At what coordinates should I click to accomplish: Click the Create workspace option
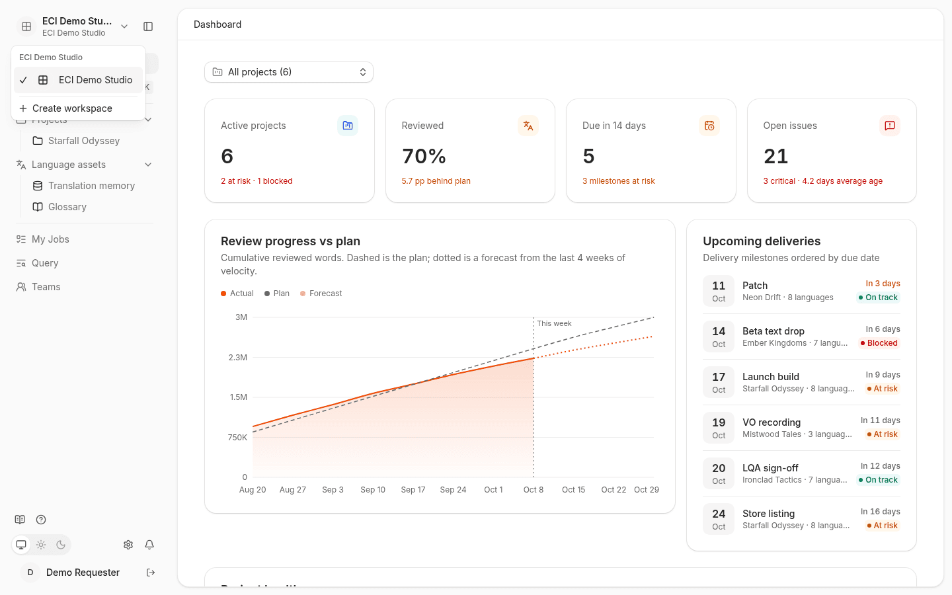[x=66, y=108]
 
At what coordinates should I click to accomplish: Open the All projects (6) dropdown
[x=288, y=72]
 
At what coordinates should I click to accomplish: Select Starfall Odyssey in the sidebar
[x=84, y=141]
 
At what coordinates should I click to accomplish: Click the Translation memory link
[x=91, y=186]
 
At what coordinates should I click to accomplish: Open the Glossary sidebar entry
[x=67, y=207]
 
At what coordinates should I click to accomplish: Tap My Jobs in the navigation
[x=50, y=239]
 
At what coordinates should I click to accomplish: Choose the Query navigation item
[x=45, y=263]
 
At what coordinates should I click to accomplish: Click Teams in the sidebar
[x=46, y=287]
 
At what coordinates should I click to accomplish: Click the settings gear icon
[x=128, y=545]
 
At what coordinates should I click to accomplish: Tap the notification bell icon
[x=149, y=545]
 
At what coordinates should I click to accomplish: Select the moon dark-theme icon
[x=61, y=545]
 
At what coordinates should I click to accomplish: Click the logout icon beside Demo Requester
[x=151, y=573]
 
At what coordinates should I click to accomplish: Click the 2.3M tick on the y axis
[x=238, y=358]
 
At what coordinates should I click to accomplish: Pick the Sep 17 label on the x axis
[x=413, y=490]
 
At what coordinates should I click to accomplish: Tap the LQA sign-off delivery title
[x=770, y=468]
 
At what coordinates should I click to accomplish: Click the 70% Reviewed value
[x=424, y=156]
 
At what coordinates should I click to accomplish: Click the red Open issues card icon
[x=890, y=126]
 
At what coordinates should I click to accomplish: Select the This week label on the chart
[x=554, y=323]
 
